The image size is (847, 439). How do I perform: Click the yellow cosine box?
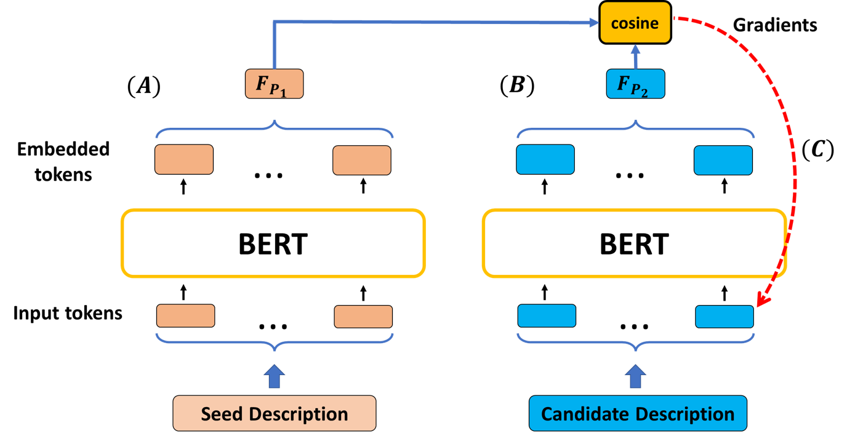coord(635,23)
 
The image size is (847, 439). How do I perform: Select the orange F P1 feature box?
coord(274,84)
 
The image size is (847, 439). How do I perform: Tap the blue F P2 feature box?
coord(635,84)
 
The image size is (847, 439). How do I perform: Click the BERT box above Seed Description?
coord(273,243)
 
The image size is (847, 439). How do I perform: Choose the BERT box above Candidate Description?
coord(634,243)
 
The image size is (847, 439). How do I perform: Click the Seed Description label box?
coord(274,413)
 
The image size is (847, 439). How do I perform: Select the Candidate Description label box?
coord(637,413)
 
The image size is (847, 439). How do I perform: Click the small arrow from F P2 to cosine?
coord(635,57)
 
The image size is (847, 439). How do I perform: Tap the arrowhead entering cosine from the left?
coord(593,23)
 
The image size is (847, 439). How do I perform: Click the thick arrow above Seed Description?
coord(274,376)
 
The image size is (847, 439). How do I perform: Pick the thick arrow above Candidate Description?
coord(636,376)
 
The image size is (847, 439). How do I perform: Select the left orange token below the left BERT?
coord(185,316)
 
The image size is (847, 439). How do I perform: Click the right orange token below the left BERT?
coord(363,317)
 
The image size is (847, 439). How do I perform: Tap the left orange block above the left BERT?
coord(183,159)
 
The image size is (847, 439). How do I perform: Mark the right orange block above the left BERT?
coord(361,160)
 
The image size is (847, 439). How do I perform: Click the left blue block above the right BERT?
coord(545,159)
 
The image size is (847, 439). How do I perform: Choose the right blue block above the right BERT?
coord(723,160)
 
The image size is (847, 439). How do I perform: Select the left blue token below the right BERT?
coord(547,316)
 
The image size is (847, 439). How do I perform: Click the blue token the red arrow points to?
coord(724,317)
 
